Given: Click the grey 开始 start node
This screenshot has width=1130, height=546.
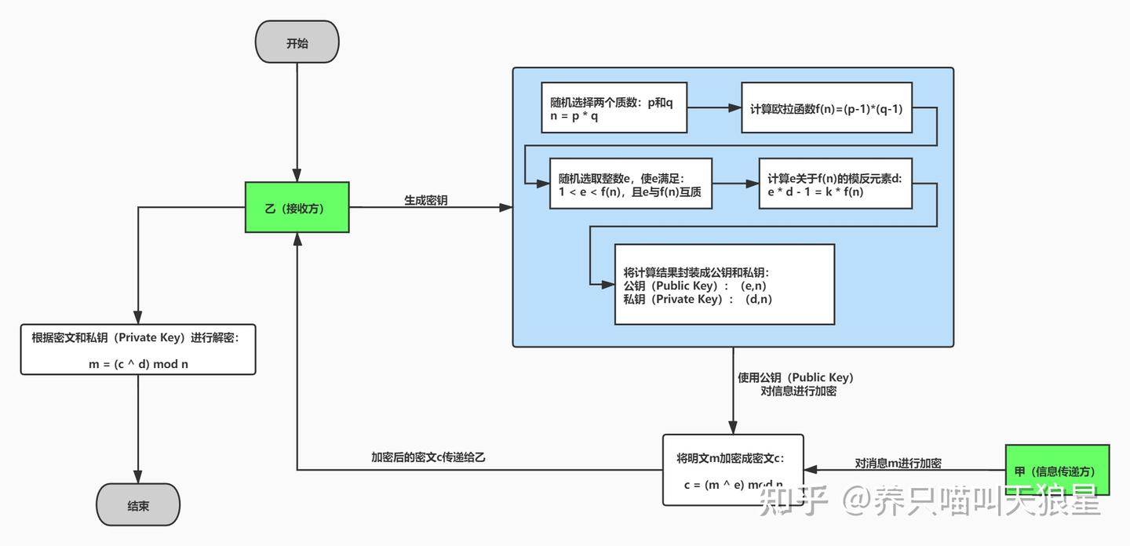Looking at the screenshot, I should tap(297, 42).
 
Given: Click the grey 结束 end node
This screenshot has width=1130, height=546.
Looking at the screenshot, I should tap(138, 505).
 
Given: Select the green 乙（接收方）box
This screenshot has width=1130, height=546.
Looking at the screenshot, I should tap(297, 208).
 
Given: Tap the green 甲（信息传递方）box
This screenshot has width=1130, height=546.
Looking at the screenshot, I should tap(1057, 470).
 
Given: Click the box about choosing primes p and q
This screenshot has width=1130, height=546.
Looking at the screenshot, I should tap(614, 107).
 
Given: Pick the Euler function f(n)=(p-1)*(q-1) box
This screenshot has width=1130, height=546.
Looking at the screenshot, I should tap(826, 107).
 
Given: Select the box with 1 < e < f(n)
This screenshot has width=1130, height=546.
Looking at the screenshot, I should tap(630, 183).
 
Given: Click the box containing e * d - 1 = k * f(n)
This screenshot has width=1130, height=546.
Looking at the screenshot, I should tap(835, 184).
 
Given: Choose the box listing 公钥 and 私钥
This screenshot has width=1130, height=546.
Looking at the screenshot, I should tap(724, 284).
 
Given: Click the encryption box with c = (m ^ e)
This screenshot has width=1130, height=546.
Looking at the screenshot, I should tap(733, 470).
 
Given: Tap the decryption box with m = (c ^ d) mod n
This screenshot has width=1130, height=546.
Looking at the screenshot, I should tap(138, 348).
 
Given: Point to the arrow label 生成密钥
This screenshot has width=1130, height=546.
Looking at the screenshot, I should tap(426, 200).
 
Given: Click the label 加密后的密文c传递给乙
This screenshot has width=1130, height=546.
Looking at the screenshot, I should tap(428, 457).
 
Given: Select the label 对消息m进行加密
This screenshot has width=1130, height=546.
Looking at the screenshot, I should tap(898, 463).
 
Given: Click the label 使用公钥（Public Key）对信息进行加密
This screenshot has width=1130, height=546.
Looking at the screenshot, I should tap(796, 384).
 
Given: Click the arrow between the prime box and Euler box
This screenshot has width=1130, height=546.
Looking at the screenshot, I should tap(714, 107).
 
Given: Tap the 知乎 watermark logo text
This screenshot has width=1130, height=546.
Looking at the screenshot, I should tap(793, 500).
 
